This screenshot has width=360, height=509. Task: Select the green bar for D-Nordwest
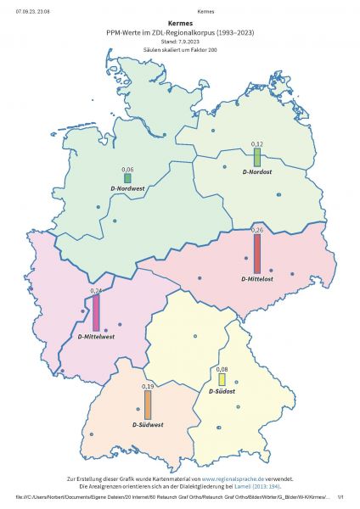coord(127,178)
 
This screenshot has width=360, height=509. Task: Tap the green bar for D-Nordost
coord(257,158)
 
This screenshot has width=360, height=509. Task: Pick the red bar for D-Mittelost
coord(257,253)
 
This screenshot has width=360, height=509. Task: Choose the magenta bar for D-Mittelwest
coord(96,313)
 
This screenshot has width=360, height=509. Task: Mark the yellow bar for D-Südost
coord(222,380)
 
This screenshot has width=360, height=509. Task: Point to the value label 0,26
coord(257,230)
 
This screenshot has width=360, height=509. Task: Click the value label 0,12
coord(257,145)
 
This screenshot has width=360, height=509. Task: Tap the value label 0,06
coord(127,170)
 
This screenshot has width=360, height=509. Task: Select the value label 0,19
coord(147,387)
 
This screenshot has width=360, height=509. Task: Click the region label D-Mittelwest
coord(96,336)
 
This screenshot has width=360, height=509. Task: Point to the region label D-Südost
coord(222,391)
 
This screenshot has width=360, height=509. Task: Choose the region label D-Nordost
coord(257,172)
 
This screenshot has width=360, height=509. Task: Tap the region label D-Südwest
coord(148,424)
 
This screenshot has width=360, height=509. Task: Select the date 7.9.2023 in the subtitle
coord(190,41)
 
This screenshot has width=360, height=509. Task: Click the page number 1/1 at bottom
coord(340,497)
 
